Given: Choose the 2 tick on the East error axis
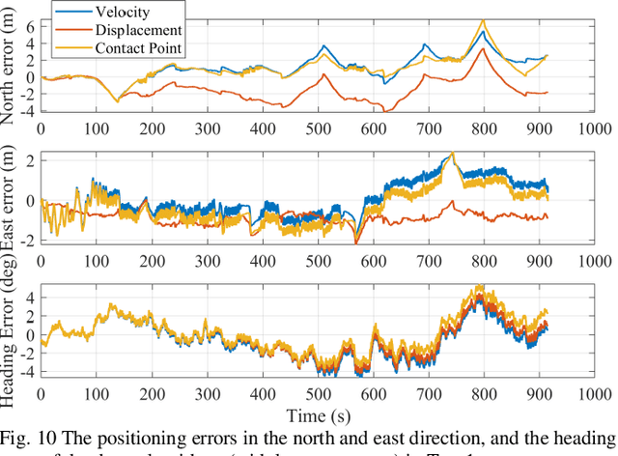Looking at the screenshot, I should [30, 159].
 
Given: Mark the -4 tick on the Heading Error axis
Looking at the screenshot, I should [26, 371].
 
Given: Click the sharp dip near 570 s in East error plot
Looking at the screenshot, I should [356, 242].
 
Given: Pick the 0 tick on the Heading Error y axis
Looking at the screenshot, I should [30, 335].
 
